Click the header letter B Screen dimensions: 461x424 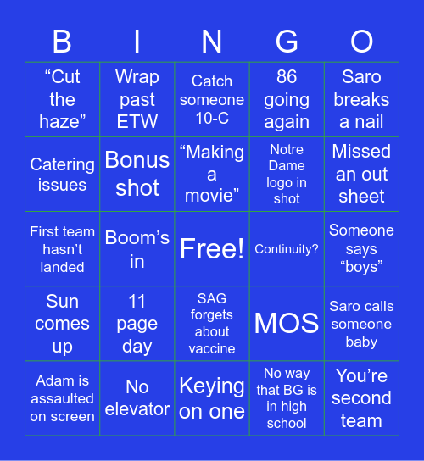coord(62,42)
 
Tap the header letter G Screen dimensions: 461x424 coord(287,42)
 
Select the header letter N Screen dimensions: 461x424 coord(212,42)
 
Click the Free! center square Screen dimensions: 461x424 coord(212,248)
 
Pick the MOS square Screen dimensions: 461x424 coord(287,323)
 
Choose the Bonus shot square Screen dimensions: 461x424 coord(137,174)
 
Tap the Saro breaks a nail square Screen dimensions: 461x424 coord(361,99)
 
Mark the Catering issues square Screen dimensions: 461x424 coord(63,174)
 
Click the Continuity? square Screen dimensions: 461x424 coord(287,249)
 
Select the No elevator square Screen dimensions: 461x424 coord(137,397)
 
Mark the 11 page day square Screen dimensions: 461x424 coord(137,323)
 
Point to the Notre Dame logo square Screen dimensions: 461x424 coord(287,174)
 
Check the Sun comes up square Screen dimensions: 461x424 coord(63,323)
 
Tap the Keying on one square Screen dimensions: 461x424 coord(212,397)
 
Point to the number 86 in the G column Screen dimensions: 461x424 coord(287,77)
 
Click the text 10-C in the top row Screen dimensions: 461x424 coord(212,118)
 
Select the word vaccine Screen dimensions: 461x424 coord(212,348)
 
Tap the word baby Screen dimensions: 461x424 coord(361,342)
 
